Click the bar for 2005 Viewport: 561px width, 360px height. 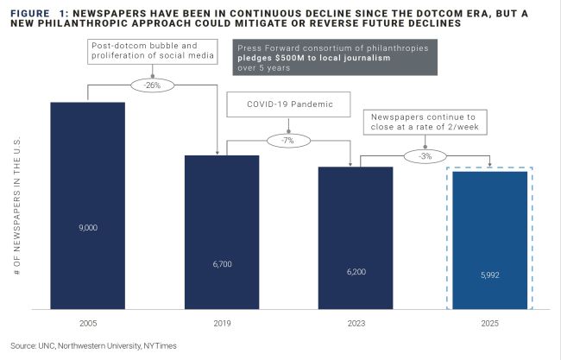coord(88,205)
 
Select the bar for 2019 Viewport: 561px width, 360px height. coord(222,231)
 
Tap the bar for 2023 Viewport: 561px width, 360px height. coord(356,237)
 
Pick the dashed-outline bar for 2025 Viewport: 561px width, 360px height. coord(489,239)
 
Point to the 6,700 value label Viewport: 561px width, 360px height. coord(222,264)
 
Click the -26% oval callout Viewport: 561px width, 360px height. coord(154,85)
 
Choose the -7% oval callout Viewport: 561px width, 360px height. coord(287,139)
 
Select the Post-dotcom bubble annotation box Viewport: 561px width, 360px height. coord(153,52)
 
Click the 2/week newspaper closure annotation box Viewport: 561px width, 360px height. coord(425,122)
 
